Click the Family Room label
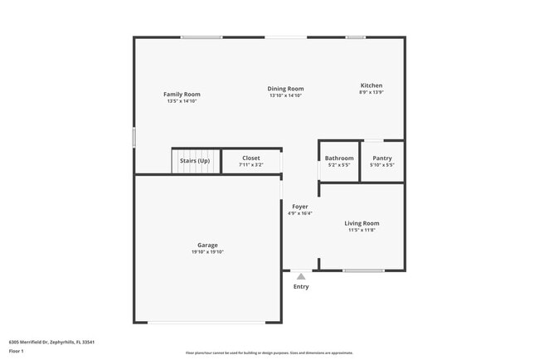pyautogui.click(x=182, y=95)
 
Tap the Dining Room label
pyautogui.click(x=285, y=89)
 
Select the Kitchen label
pyautogui.click(x=371, y=85)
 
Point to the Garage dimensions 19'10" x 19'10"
pyautogui.click(x=207, y=252)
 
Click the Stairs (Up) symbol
pyautogui.click(x=195, y=160)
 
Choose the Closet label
pyautogui.click(x=250, y=158)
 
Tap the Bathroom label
pyautogui.click(x=339, y=158)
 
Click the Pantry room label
pyautogui.click(x=382, y=158)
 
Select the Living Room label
pyautogui.click(x=362, y=223)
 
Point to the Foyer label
pyautogui.click(x=300, y=207)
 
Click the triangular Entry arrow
pyautogui.click(x=301, y=276)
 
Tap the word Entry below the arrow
pyautogui.click(x=301, y=287)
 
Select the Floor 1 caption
pyautogui.click(x=17, y=351)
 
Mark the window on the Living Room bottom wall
pyautogui.click(x=363, y=270)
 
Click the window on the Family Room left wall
pyautogui.click(x=134, y=137)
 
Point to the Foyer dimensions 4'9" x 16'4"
pyautogui.click(x=300, y=213)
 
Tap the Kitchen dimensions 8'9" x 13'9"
pyautogui.click(x=371, y=92)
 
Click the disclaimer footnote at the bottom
pyautogui.click(x=269, y=353)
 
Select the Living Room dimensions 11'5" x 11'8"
pyautogui.click(x=362, y=230)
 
